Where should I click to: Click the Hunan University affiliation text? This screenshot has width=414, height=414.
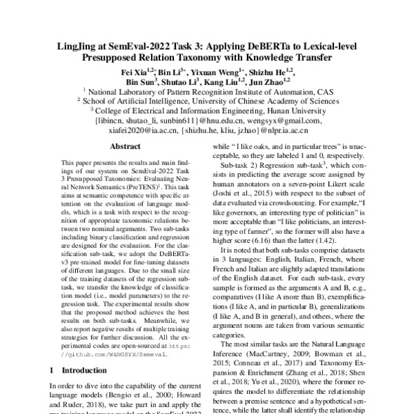click(282, 109)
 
